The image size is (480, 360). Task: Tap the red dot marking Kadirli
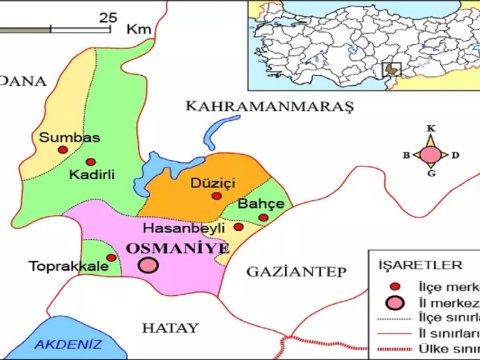pos(91,161)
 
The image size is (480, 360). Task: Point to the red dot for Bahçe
pos(263,216)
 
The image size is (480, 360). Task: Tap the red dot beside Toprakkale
pos(111,257)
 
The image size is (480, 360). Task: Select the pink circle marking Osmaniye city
pos(148,265)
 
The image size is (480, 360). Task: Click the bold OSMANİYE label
pos(177,247)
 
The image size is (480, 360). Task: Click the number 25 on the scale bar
pos(108,18)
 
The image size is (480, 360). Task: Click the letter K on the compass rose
pos(431,129)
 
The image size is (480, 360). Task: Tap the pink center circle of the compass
pos(430,154)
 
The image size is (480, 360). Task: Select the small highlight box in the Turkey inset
pos(392,69)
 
